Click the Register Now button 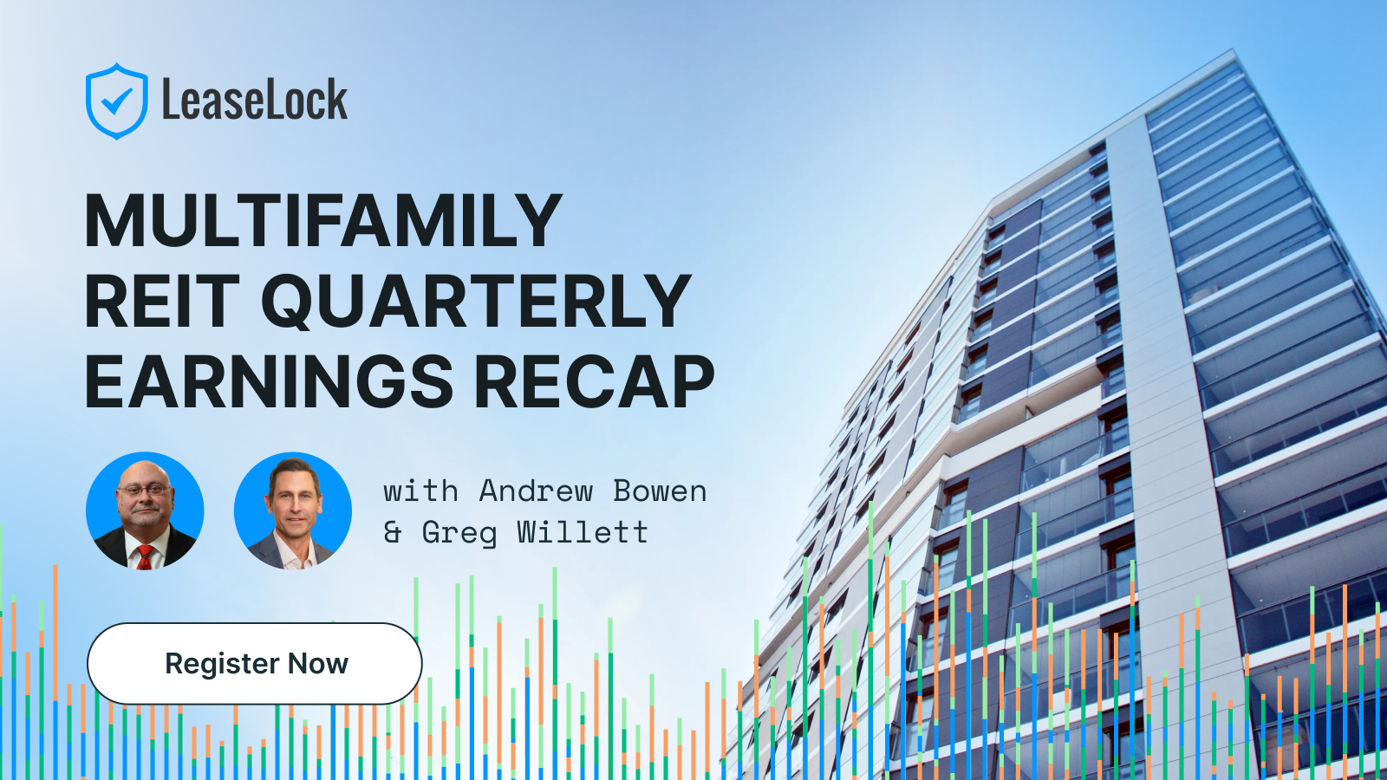tap(255, 664)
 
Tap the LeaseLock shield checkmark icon tap(117, 101)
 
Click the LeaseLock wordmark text tap(255, 99)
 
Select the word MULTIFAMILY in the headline tap(323, 220)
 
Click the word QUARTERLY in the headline tap(476, 302)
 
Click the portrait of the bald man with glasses tap(145, 510)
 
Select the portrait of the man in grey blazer tap(293, 510)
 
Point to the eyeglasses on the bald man tap(144, 491)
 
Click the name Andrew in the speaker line tap(536, 491)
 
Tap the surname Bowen tap(660, 491)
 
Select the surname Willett tap(583, 532)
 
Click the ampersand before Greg tap(392, 532)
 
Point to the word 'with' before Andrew tap(421, 491)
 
